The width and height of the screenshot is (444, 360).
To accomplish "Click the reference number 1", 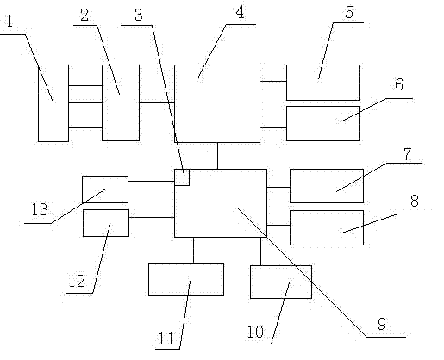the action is [x=9, y=22].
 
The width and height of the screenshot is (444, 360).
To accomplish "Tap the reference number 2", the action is [x=84, y=16].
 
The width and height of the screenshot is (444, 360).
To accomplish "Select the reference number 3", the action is [x=139, y=16].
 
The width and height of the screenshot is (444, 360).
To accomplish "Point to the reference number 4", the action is [x=240, y=13].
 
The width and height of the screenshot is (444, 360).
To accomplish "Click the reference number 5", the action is [x=349, y=13].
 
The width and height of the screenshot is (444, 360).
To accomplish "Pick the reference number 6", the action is [x=399, y=84].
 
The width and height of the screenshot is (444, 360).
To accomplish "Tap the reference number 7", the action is [x=407, y=154].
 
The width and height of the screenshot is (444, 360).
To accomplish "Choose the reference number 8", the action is [x=415, y=201].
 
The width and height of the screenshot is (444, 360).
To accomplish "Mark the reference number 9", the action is [x=382, y=324].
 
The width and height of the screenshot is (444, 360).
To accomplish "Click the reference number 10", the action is [x=255, y=332].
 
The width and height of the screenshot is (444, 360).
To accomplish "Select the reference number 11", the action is [x=166, y=338].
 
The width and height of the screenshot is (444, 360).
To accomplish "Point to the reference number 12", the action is [x=77, y=281].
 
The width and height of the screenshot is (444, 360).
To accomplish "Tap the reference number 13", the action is [x=40, y=209].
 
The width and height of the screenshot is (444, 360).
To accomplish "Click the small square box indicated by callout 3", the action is [x=182, y=177].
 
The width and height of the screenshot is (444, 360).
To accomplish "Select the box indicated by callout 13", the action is [x=105, y=189].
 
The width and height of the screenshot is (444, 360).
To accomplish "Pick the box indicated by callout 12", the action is [x=106, y=223].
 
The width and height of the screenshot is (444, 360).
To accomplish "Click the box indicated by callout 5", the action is [x=322, y=83].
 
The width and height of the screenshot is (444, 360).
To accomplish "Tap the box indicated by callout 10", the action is [x=281, y=282].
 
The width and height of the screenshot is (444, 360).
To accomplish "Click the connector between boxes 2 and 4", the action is [x=157, y=102].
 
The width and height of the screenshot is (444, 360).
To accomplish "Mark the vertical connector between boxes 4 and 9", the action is [x=217, y=156].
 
